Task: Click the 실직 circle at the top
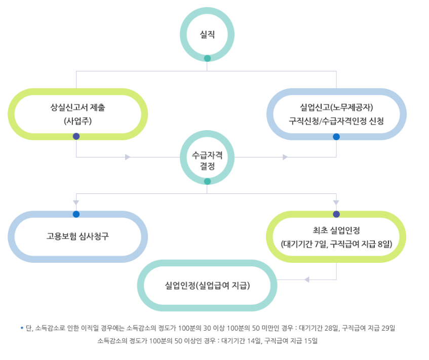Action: pos(207,34)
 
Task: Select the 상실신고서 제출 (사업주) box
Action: pos(77,114)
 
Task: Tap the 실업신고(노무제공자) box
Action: pos(336,114)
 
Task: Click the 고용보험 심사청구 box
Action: pos(77,236)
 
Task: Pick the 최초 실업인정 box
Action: pos(336,236)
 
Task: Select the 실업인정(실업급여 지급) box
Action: pos(207,285)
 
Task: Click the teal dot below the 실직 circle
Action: pos(207,59)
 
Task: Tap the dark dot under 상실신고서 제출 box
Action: pos(76,136)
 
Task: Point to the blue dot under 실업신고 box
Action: pos(336,137)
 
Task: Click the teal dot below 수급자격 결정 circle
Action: pos(207,181)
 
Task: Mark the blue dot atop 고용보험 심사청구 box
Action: pos(76,214)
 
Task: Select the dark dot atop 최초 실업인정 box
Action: pos(336,214)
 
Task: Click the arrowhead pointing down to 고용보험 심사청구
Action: pos(76,203)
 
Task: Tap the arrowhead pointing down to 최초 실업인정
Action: pos(336,203)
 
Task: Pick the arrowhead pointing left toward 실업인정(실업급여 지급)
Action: pos(306,279)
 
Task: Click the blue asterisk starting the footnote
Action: pos(22,328)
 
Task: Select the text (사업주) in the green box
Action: pos(77,121)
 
